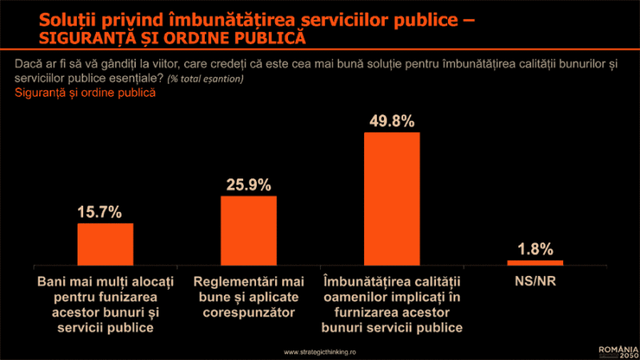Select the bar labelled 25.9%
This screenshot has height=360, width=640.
(249, 230)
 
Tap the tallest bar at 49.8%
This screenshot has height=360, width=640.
(392, 198)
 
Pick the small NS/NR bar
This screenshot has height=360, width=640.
(535, 262)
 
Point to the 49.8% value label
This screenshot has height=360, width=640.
(392, 122)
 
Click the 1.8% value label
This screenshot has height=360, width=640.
(535, 249)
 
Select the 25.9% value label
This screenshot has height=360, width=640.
(249, 185)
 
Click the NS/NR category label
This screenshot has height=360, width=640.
(535, 282)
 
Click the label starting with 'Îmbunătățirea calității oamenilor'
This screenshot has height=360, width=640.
(392, 305)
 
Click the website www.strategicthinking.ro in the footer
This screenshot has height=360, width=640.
(320, 351)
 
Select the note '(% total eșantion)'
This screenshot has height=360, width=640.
(206, 79)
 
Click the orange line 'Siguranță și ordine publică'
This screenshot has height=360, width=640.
(85, 93)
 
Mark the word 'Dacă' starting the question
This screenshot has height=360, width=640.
(29, 65)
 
